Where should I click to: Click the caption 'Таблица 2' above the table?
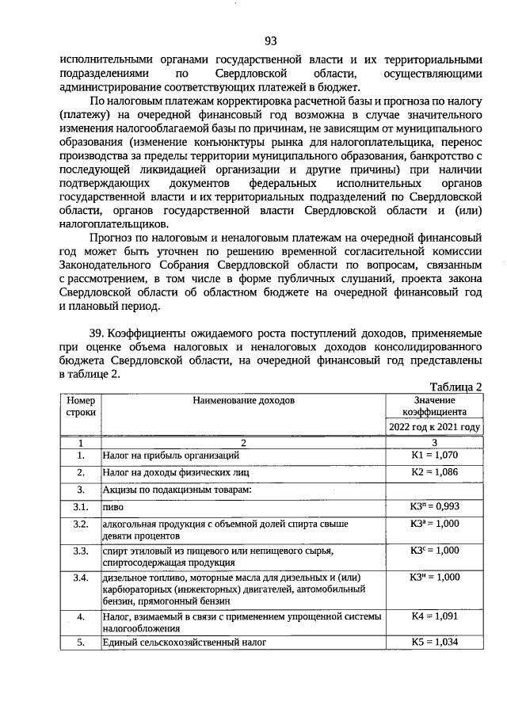pos(455,387)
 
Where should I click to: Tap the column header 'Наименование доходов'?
pos(243,401)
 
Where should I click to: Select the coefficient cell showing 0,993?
pos(434,506)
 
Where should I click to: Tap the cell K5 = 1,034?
pos(434,642)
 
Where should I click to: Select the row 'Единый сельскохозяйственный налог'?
pos(183,643)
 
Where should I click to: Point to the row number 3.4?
pos(80,578)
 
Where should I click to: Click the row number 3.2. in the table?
pos(80,524)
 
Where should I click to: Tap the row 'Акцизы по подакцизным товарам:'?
pos(176,490)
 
